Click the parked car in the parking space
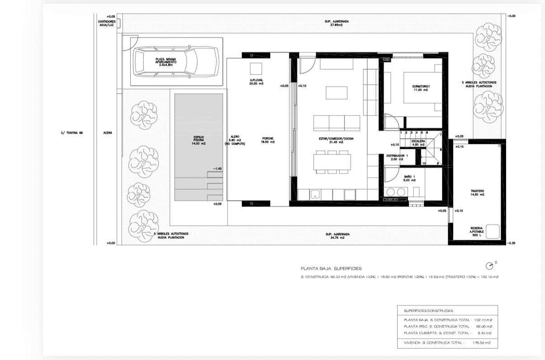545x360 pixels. coord(177,62)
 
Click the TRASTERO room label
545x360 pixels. coord(477,193)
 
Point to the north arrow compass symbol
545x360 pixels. coord(489,265)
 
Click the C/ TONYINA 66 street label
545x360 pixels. coord(72,133)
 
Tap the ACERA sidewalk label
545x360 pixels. coord(108,133)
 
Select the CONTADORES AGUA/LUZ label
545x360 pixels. coord(107,24)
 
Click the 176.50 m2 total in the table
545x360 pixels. coord(483,343)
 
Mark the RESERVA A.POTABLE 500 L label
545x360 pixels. coord(477,232)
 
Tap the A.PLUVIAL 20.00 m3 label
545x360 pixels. coord(256,82)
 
